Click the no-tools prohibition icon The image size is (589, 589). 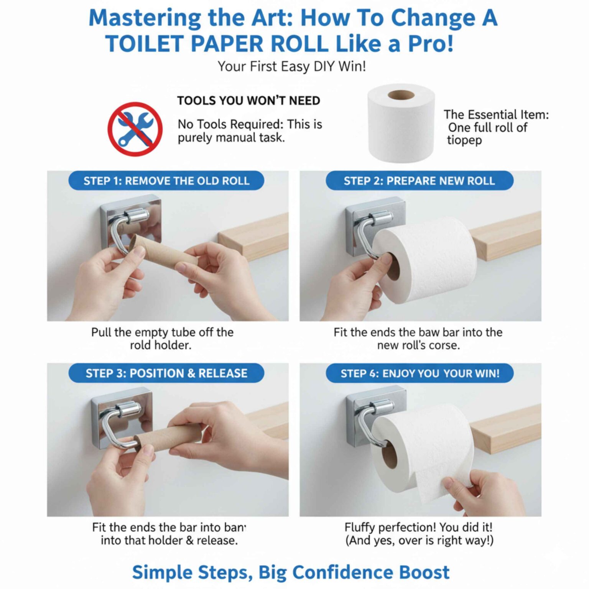coord(135,129)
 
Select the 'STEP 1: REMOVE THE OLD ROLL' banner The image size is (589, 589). coord(166,181)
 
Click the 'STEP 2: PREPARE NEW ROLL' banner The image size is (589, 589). coord(419,181)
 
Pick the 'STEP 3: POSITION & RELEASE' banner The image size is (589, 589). coord(166,373)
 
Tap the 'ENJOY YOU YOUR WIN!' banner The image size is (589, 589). coord(420,373)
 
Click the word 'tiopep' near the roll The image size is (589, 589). coord(464,140)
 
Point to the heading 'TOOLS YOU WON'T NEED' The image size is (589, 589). coord(248,100)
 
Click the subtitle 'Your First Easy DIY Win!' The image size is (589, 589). coord(291,66)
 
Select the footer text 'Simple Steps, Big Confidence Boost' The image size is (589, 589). coord(290,572)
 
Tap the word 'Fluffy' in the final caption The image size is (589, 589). coord(359,527)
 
